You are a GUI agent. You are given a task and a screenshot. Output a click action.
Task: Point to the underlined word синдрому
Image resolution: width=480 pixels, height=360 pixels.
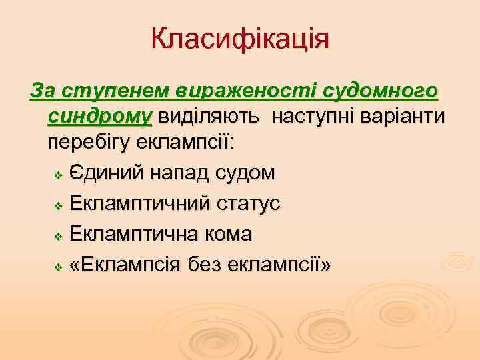coord(101,117)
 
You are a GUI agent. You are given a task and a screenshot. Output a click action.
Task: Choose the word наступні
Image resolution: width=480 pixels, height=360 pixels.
coord(317,117)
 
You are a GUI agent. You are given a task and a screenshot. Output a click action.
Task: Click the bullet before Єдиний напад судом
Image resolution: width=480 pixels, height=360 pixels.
coord(58,175)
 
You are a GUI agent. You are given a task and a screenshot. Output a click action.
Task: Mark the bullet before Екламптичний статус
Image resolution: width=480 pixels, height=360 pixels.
coord(58,205)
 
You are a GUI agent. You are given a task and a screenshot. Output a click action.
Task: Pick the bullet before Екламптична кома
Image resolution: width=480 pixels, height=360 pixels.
coord(58,235)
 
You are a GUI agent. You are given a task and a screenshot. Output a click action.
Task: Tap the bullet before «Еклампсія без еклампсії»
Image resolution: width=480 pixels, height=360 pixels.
coord(58,266)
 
